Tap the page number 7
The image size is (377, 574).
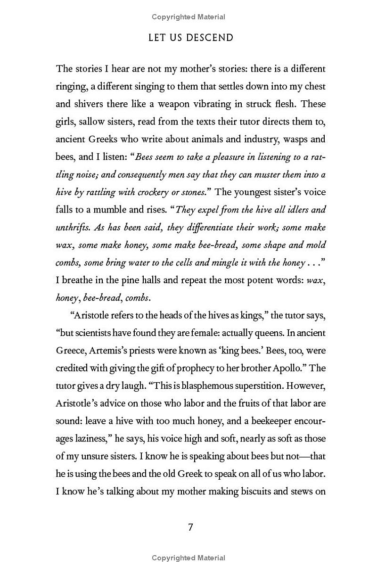click(190, 527)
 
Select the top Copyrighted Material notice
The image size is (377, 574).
click(188, 17)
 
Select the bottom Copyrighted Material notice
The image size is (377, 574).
click(188, 558)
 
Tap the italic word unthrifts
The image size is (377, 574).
click(73, 228)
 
